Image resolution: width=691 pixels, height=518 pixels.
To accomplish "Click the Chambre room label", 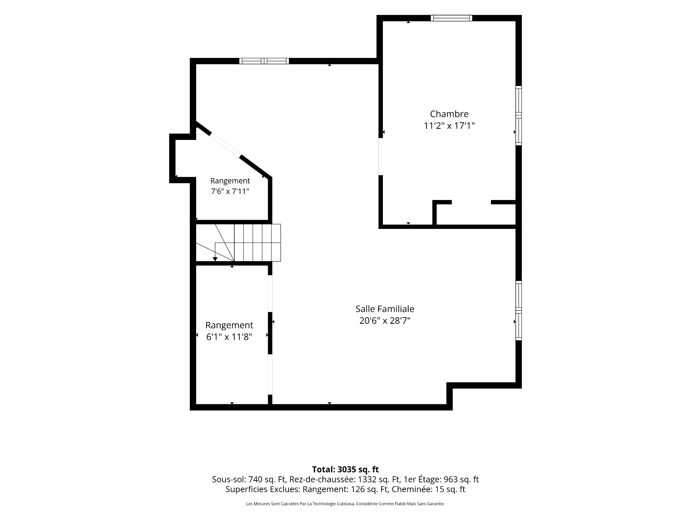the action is tap(449, 114).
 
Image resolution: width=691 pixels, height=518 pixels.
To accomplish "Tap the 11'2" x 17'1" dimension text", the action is tap(449, 126).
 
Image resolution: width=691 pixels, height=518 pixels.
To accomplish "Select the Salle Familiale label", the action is tap(385, 309).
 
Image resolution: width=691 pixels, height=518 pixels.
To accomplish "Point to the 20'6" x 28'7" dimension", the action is tap(385, 321).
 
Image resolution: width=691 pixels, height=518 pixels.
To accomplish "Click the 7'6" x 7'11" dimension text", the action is tap(230, 191).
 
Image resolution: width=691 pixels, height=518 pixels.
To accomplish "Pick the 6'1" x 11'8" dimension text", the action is tap(229, 337).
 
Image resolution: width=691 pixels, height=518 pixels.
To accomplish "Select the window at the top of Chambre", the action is tap(451, 18).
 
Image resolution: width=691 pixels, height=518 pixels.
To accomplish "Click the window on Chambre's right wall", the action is tap(519, 115).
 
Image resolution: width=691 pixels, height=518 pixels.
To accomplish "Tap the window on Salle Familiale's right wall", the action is tap(519, 310).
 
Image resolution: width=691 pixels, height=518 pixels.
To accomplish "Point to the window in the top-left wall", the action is tap(264, 61).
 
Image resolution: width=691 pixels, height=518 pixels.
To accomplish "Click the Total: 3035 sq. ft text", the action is tap(345, 469).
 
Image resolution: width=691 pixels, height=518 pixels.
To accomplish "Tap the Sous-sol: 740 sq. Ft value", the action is tap(249, 480).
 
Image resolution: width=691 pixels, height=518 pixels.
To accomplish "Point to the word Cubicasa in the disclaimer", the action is tap(344, 504).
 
